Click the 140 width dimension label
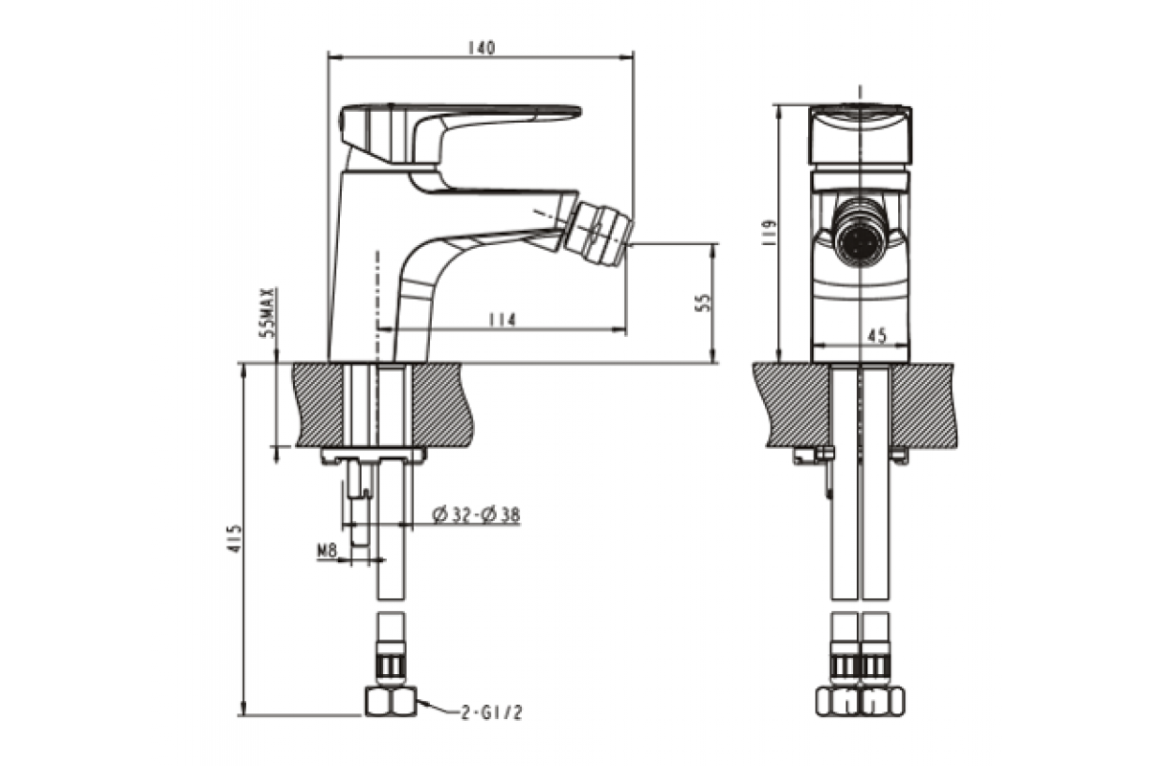click(x=482, y=48)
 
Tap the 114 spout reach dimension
click(x=502, y=320)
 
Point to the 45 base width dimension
click(x=877, y=335)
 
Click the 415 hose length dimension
click(x=234, y=538)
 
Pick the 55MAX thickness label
click(x=268, y=312)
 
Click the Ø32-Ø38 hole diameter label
click(x=476, y=514)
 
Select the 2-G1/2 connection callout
click(x=491, y=712)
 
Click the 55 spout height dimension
click(x=704, y=303)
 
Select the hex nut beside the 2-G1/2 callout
click(x=391, y=701)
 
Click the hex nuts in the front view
click(x=860, y=701)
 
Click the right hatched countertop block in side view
click(x=442, y=405)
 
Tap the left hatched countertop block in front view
click(x=793, y=405)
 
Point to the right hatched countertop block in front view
click(x=925, y=405)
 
